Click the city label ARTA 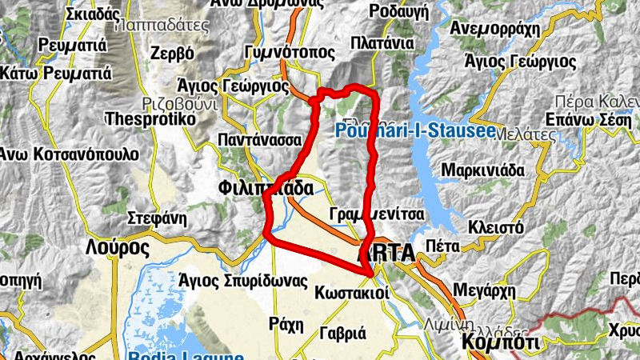(x=386, y=254)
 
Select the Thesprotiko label (x=150, y=118)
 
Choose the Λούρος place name (x=117, y=246)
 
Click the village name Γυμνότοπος (x=271, y=54)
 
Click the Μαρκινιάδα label (x=482, y=170)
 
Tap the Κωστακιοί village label (x=352, y=292)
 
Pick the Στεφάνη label (x=157, y=218)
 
